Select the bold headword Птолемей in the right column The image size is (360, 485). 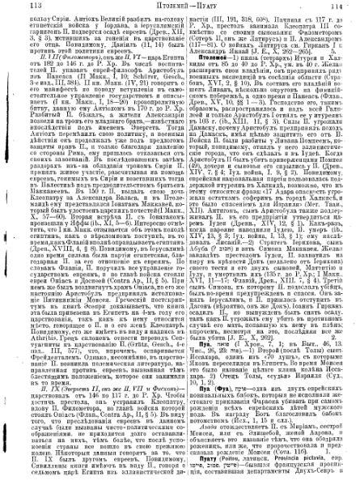pyautogui.click(x=210, y=77)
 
